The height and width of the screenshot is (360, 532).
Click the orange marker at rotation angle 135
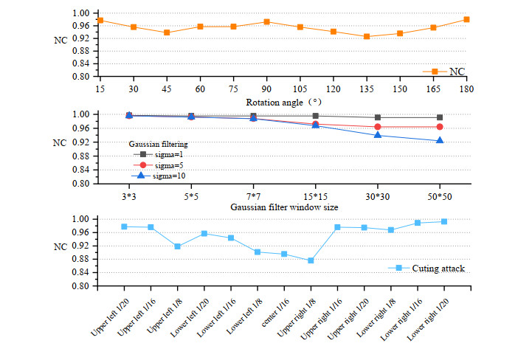coord(367,36)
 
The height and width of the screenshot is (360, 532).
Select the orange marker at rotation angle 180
coord(466,19)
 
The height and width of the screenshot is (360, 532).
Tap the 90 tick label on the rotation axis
coord(266,88)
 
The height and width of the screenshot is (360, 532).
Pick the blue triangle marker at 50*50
coord(440,140)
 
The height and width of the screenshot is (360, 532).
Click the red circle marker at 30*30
coord(378,127)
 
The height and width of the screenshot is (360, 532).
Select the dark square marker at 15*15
coord(315,116)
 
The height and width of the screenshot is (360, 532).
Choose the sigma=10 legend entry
coord(160,176)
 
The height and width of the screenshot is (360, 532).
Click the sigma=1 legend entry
coord(160,153)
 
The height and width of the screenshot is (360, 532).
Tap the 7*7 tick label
coord(253,195)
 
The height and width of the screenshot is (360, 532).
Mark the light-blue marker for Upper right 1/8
coord(311,260)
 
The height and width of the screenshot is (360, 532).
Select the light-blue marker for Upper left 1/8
coord(178,246)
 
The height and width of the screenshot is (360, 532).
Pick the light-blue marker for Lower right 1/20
coord(444,221)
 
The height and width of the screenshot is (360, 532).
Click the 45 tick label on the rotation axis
coord(167,88)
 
